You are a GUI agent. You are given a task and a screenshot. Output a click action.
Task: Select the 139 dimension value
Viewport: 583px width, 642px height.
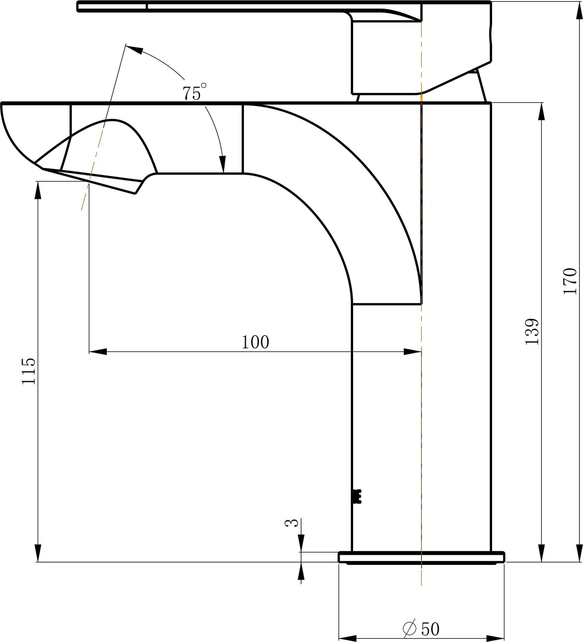click(x=532, y=332)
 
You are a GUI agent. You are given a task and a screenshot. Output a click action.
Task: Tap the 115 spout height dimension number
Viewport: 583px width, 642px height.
click(x=28, y=371)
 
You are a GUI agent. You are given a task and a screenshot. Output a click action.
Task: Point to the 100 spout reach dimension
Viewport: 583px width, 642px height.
click(x=255, y=342)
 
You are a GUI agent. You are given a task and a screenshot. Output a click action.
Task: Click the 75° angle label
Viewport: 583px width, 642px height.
click(x=194, y=92)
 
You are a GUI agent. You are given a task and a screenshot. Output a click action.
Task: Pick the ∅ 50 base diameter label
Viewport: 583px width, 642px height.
click(x=421, y=629)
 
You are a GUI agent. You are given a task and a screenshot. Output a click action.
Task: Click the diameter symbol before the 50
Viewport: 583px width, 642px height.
click(x=409, y=629)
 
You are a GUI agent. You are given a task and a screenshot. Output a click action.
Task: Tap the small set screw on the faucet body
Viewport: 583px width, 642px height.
click(x=357, y=496)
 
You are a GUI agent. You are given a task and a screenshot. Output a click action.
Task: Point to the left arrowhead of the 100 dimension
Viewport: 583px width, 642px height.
click(x=98, y=352)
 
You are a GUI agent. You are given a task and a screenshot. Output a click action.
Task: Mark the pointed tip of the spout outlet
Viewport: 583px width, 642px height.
click(x=135, y=194)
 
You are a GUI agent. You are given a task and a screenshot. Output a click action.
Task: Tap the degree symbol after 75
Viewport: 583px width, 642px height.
click(x=203, y=85)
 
